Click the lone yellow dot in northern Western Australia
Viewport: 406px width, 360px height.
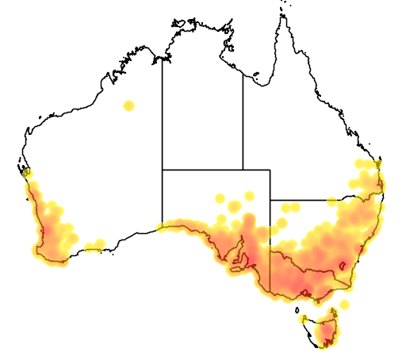pyautogui.click(x=128, y=105)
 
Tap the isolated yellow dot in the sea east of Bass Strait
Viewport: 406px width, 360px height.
pyautogui.click(x=345, y=304)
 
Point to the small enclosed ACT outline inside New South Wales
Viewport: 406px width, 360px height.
pyautogui.click(x=343, y=266)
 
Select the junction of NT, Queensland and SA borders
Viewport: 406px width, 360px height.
pyautogui.click(x=243, y=169)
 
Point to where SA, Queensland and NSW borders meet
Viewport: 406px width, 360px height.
pyautogui.click(x=270, y=200)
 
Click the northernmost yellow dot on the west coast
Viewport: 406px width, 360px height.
pyautogui.click(x=27, y=173)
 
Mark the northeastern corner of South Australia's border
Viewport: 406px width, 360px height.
pyautogui.click(x=270, y=169)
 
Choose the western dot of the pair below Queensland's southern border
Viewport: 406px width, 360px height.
pyautogui.click(x=284, y=208)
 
